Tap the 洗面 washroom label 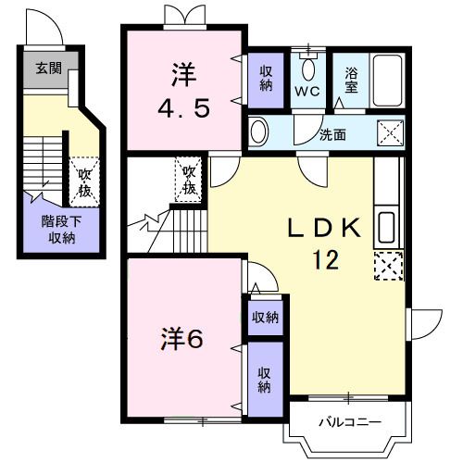click(x=332, y=133)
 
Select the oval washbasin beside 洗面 click(x=259, y=131)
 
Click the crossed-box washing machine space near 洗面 click(x=390, y=131)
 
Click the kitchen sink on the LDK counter click(x=387, y=228)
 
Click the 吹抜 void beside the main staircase click(x=190, y=180)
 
